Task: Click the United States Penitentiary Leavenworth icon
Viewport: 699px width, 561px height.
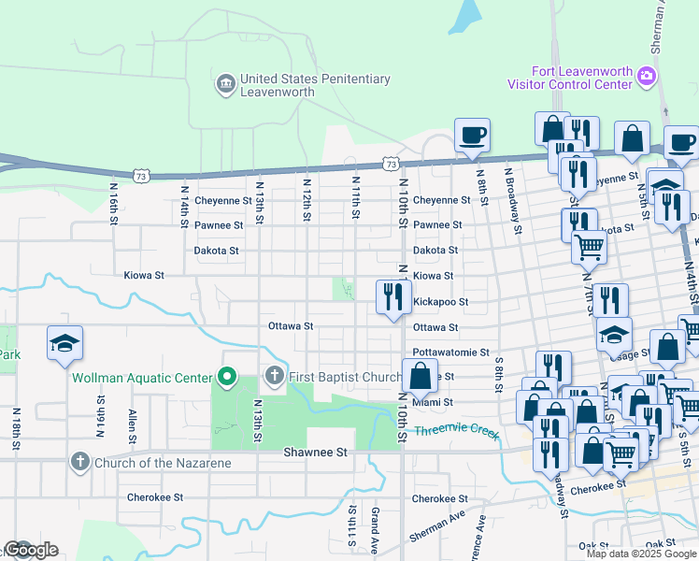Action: pos(226,86)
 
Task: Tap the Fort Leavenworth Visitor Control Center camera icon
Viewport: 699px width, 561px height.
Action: pos(646,78)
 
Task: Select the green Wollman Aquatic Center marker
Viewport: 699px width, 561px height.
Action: pos(225,378)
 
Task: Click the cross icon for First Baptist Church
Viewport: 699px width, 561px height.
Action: pos(274,377)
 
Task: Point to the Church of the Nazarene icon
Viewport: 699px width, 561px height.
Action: pos(80,462)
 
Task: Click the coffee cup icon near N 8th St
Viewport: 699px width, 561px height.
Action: pos(473,135)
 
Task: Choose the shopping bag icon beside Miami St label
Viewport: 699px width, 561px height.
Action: pos(421,376)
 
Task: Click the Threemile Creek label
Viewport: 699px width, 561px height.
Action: pos(458,431)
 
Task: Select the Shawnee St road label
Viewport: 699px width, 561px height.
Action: pos(315,452)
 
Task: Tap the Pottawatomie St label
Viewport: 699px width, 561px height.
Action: pos(451,352)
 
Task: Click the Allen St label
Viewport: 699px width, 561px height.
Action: pos(133,425)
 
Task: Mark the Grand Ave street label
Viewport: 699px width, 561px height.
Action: pos(374,528)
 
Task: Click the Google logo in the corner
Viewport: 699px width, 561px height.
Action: pos(30,550)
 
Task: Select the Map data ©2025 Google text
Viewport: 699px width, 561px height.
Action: pos(640,554)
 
